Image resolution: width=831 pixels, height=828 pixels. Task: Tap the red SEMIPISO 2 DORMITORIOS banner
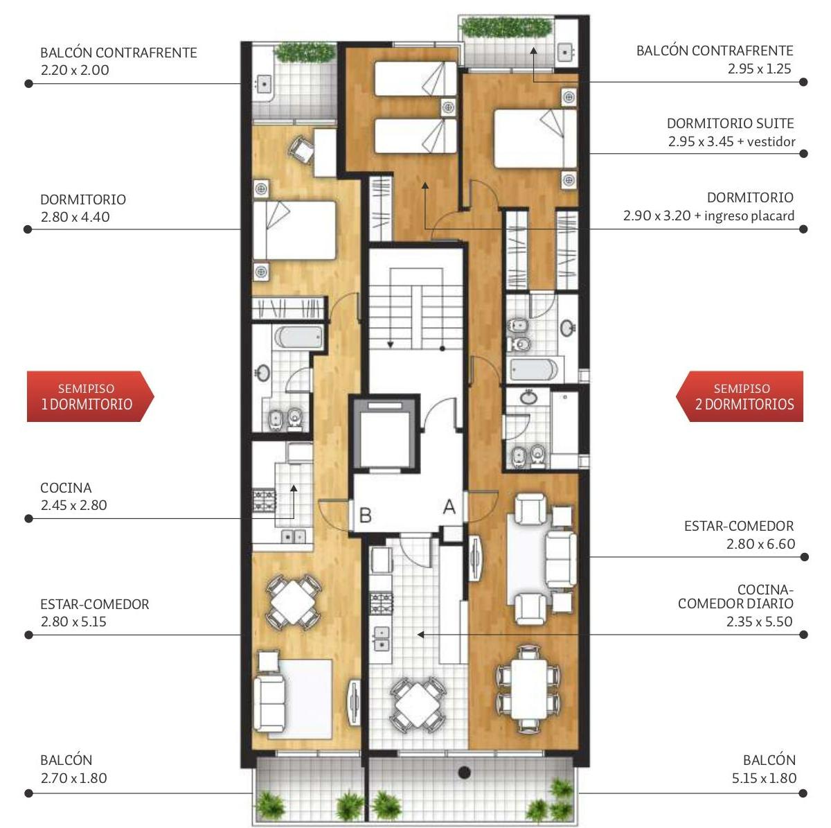739,396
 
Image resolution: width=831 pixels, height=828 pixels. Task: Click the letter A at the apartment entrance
449,507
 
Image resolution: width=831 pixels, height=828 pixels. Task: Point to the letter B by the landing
365,516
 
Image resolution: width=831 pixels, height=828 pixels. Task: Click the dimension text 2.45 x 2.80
73,505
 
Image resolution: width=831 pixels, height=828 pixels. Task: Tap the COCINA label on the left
66,488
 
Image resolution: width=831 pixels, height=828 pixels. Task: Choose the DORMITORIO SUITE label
730,123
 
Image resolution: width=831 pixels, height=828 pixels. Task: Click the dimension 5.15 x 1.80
764,778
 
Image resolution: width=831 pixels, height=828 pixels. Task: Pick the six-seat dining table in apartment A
528,689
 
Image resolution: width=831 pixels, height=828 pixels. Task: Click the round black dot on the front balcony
464,773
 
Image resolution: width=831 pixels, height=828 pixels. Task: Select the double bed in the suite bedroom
535,139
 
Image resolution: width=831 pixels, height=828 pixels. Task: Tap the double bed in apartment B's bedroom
294,231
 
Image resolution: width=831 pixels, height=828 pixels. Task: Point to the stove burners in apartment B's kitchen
264,500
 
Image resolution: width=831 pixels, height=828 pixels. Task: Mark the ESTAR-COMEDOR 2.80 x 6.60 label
739,535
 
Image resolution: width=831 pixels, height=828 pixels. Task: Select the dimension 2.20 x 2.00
75,70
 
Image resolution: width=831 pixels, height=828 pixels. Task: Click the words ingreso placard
749,215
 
